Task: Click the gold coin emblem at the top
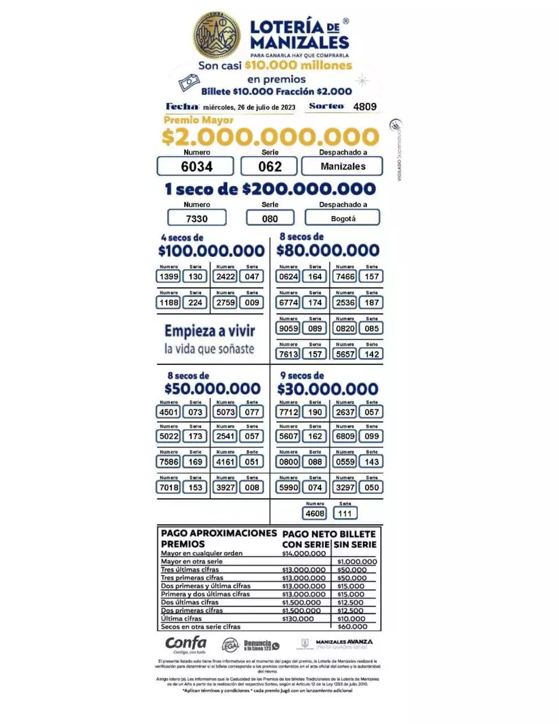click(x=217, y=35)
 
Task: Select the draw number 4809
click(x=365, y=107)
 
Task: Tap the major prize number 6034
click(x=197, y=166)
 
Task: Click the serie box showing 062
click(x=269, y=166)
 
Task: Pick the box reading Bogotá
click(x=343, y=218)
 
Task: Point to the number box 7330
click(x=197, y=218)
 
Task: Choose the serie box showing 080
click(x=270, y=218)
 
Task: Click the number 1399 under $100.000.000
click(x=169, y=277)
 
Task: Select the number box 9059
click(x=288, y=329)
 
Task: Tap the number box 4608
click(x=314, y=513)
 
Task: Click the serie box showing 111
click(x=345, y=513)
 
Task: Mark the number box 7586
click(x=169, y=462)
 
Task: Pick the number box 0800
click(x=288, y=462)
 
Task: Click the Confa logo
click(x=186, y=644)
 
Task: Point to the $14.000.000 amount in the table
click(x=304, y=554)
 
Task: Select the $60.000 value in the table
click(x=352, y=627)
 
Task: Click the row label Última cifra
click(x=181, y=619)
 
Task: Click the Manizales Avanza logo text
click(x=344, y=642)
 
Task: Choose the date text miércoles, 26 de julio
click(x=249, y=107)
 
